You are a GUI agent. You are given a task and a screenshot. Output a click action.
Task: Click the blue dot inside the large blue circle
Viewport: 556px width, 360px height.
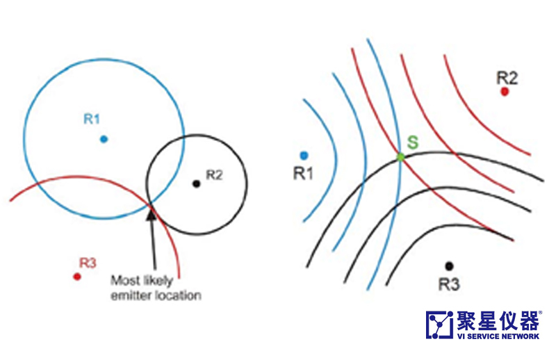[x=104, y=138]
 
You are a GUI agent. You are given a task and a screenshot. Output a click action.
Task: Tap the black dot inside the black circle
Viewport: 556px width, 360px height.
[x=197, y=183]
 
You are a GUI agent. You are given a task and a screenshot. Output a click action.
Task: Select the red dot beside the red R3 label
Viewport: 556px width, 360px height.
[x=77, y=276]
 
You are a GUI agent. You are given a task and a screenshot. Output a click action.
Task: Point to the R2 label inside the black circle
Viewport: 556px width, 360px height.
[x=214, y=175]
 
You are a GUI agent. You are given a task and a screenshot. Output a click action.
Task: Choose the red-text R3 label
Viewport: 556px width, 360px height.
[x=88, y=263]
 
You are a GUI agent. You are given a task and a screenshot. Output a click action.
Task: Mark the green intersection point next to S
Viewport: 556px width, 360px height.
[x=401, y=158]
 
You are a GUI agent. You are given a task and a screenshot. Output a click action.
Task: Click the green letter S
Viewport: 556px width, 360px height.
[x=412, y=143]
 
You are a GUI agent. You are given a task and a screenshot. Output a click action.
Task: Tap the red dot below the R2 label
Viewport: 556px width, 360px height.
[x=505, y=91]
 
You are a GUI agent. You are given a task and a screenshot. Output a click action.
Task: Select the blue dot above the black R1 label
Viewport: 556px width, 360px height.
[x=304, y=154]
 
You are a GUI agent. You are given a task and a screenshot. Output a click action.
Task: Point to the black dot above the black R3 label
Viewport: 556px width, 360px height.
[x=449, y=265]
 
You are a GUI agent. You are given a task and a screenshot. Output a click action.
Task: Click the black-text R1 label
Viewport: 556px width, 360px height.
[x=302, y=174]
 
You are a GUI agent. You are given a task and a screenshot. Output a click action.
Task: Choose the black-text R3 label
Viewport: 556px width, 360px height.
[x=450, y=284]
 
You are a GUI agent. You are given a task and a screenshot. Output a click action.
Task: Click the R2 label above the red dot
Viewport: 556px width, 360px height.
[x=507, y=76]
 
